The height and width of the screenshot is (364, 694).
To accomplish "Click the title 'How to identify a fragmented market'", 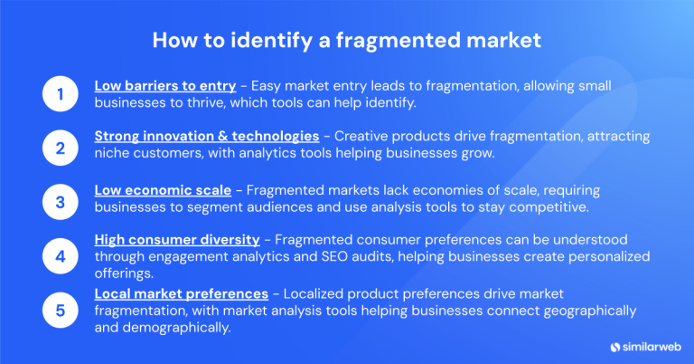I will (x=347, y=41).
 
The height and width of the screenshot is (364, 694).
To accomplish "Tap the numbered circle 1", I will (x=60, y=94).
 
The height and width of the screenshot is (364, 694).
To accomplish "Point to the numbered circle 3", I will (x=60, y=201).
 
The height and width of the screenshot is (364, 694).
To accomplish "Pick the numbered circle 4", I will (x=60, y=255).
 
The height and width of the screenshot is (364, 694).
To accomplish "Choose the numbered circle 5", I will (x=60, y=311).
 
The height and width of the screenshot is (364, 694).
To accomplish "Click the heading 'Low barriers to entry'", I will (x=165, y=85).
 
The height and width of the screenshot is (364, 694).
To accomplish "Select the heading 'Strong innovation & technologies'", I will (x=206, y=136).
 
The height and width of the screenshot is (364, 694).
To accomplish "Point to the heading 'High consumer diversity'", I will (x=177, y=240).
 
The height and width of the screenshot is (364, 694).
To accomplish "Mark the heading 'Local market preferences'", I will (x=181, y=294).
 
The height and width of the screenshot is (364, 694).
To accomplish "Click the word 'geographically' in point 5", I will (x=592, y=311).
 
